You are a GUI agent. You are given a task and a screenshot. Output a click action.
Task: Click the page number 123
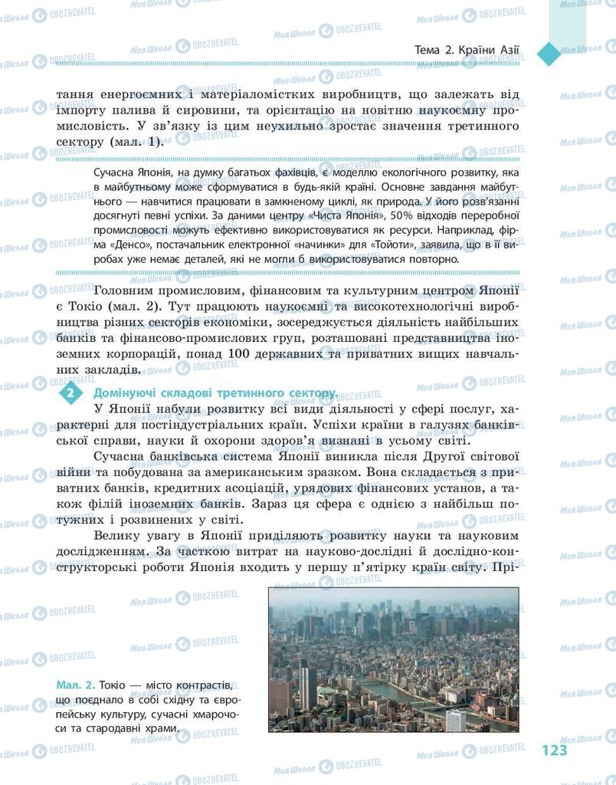(x=553, y=750)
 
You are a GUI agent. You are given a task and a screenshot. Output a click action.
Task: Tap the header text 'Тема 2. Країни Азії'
(x=466, y=51)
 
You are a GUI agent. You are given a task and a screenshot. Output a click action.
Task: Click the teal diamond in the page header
(x=549, y=53)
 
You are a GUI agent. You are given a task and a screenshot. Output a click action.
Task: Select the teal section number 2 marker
(x=70, y=393)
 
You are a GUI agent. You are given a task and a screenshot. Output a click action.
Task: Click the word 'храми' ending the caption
(x=156, y=728)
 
